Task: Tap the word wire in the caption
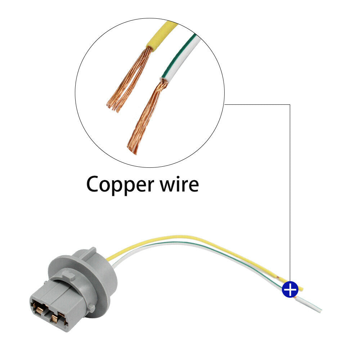point(179,184)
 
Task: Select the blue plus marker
point(290,289)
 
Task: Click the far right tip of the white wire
point(321,311)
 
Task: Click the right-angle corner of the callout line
point(290,105)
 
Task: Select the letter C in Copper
point(94,184)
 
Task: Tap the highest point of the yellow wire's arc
point(181,237)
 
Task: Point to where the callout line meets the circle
point(224,105)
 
